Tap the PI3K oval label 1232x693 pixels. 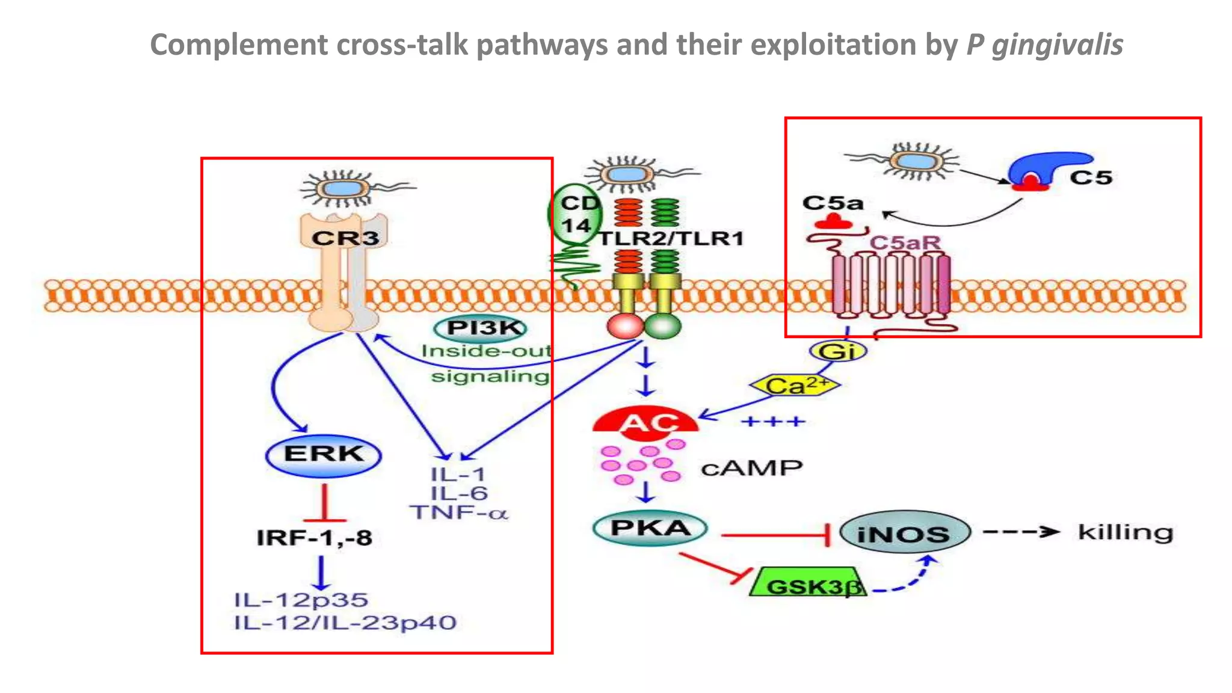click(x=481, y=328)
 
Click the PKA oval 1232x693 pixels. click(x=650, y=528)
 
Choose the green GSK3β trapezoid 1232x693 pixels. click(x=808, y=582)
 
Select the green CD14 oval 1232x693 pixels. click(x=573, y=214)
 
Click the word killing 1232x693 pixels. click(x=1125, y=532)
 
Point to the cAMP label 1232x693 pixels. click(x=751, y=468)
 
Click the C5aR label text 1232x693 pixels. click(x=904, y=243)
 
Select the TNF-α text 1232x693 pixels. click(x=459, y=513)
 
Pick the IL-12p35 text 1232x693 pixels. click(x=301, y=600)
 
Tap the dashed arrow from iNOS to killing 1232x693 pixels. click(x=1020, y=532)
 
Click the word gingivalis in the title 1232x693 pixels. click(x=1057, y=46)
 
